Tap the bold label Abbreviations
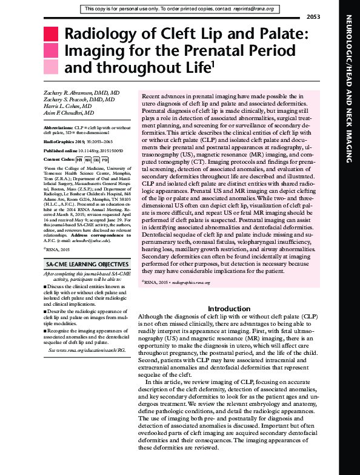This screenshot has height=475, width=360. pyautogui.click(x=60, y=129)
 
